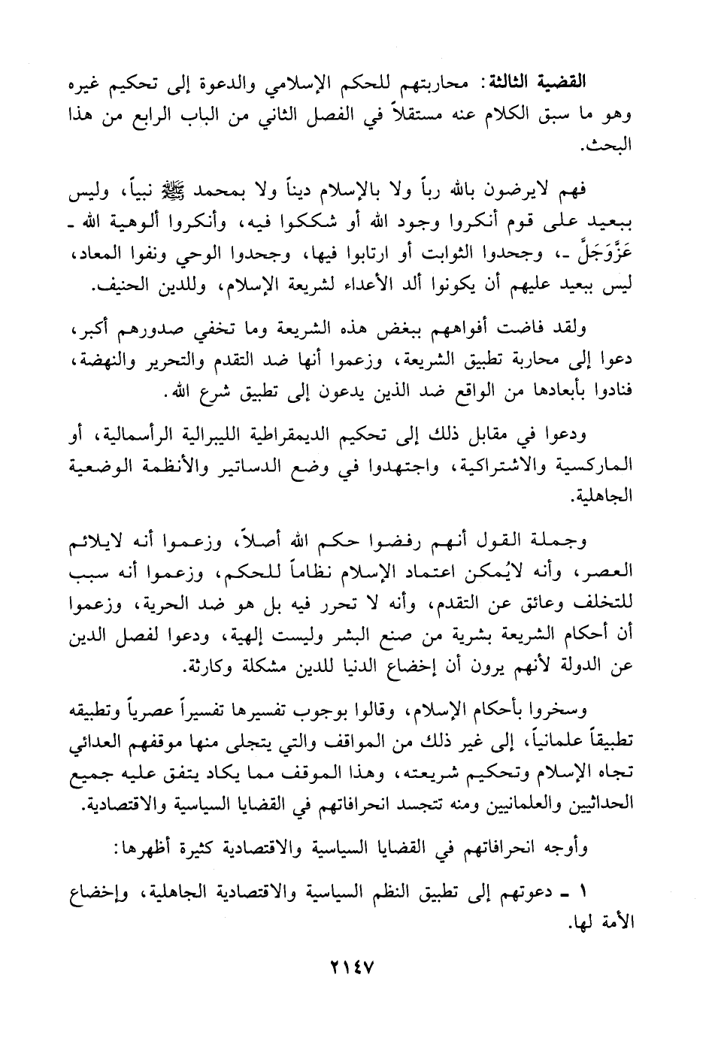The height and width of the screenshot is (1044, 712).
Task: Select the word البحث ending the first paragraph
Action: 613,146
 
